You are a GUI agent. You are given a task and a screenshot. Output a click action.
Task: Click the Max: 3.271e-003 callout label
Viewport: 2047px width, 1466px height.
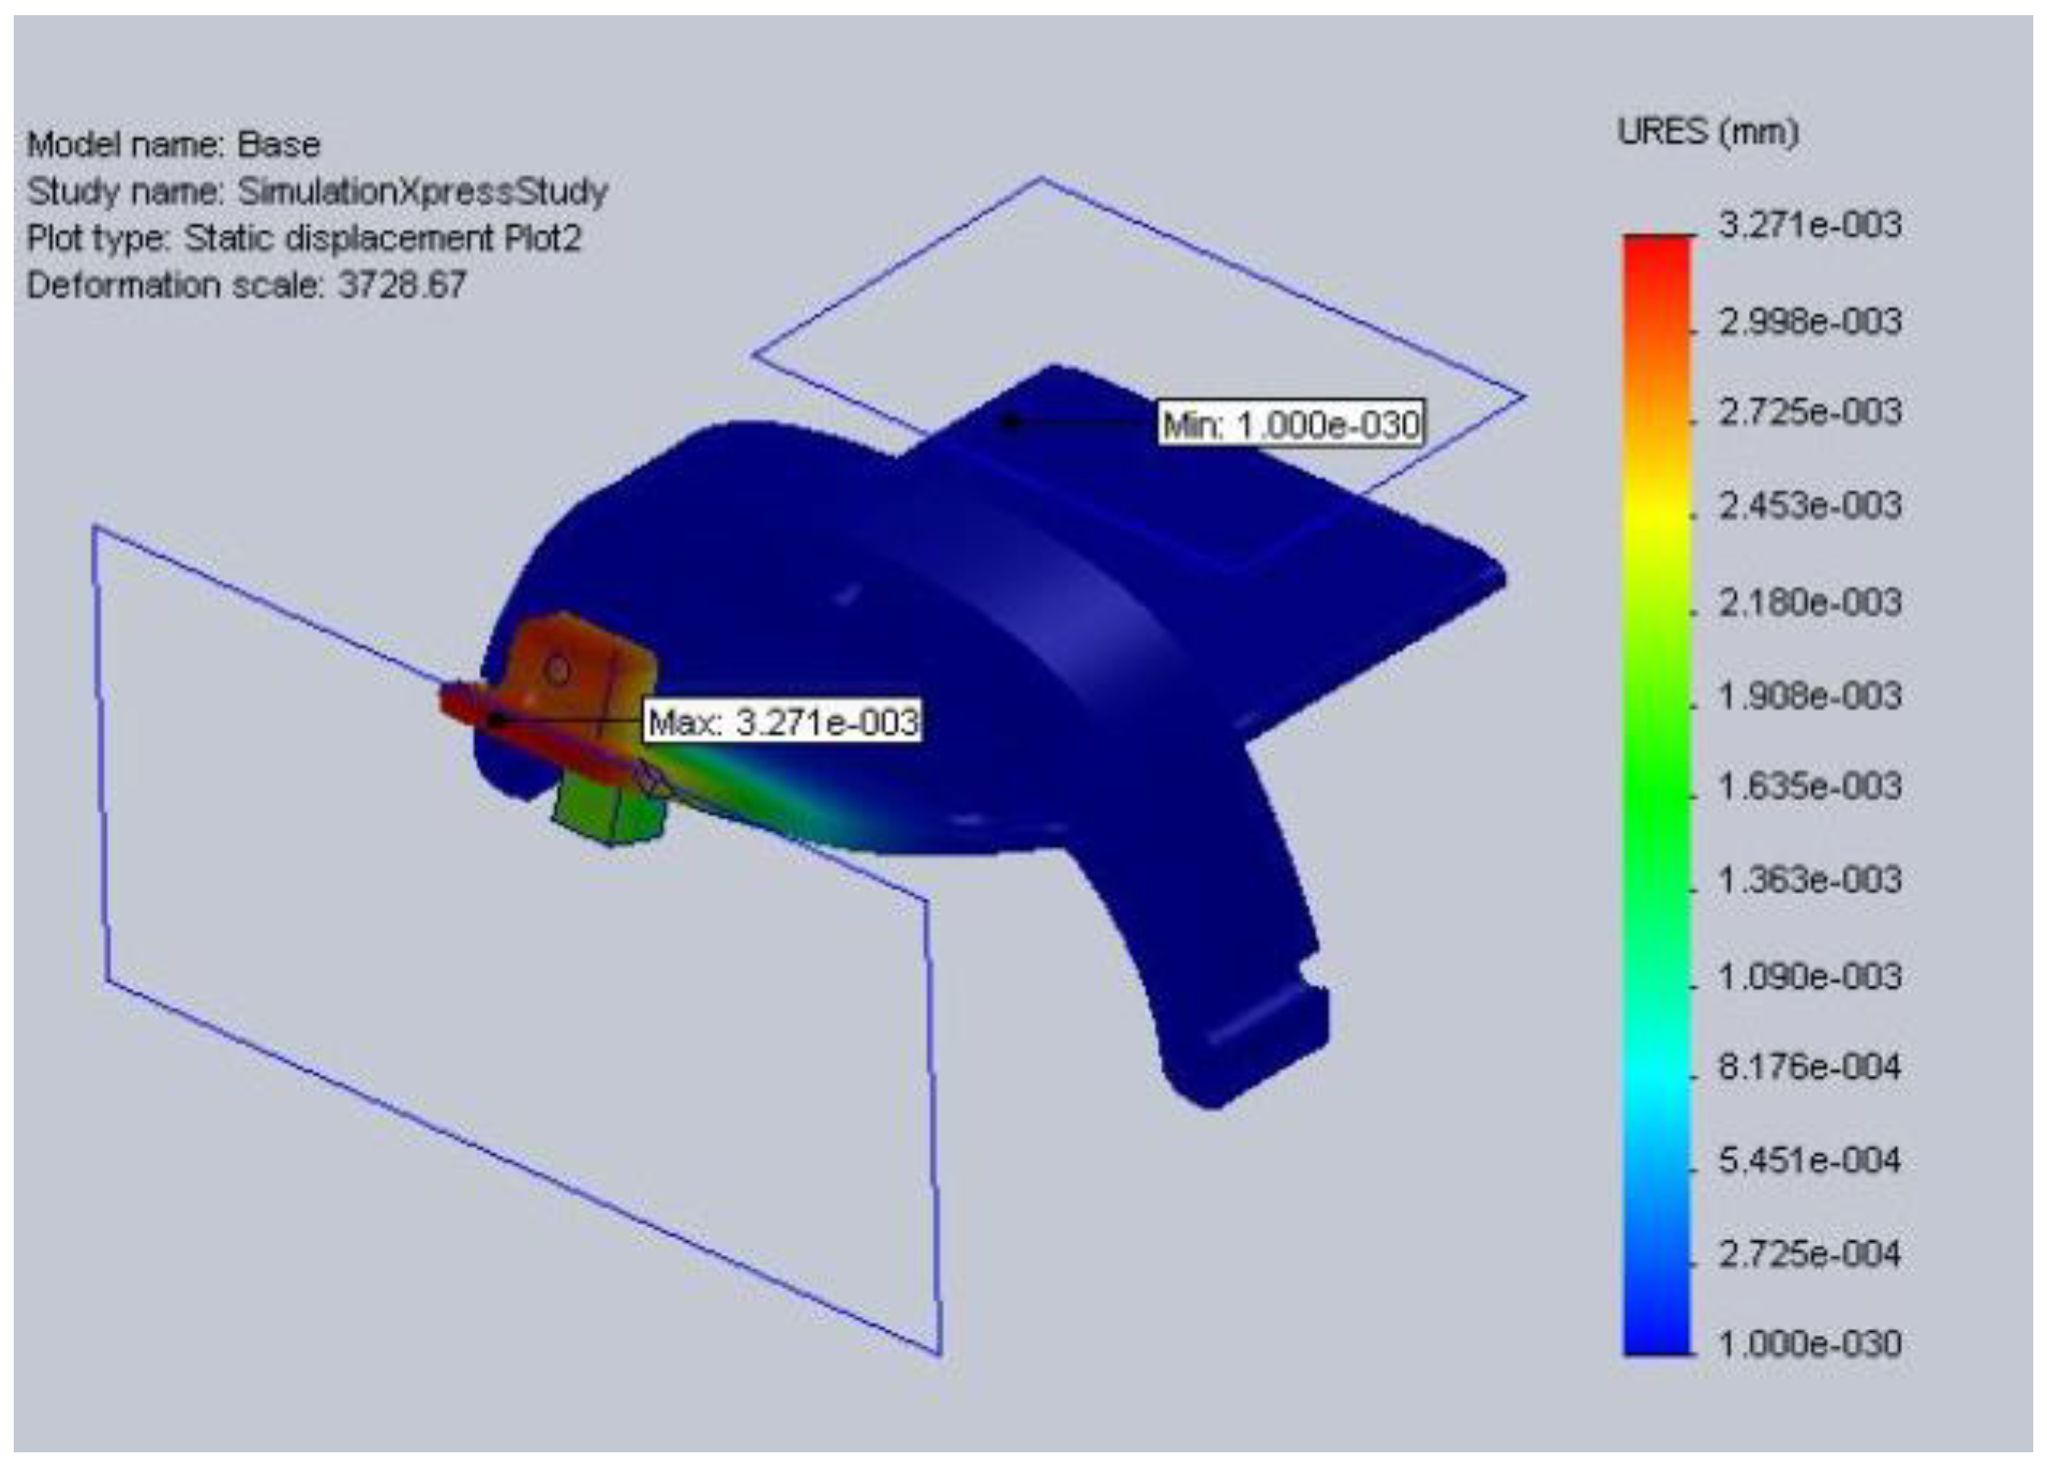(782, 722)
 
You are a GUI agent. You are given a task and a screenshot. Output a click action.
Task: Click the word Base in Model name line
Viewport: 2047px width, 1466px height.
(278, 145)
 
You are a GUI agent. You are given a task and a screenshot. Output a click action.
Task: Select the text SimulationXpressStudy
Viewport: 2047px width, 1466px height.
(423, 191)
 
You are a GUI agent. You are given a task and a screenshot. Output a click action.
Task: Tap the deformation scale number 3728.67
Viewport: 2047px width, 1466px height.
(402, 285)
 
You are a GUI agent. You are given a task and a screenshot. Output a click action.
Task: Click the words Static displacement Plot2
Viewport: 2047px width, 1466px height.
(382, 239)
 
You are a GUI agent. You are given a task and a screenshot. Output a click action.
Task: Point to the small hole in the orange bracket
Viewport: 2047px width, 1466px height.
(558, 670)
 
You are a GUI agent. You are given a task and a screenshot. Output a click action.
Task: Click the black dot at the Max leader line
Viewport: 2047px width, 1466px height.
(496, 721)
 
